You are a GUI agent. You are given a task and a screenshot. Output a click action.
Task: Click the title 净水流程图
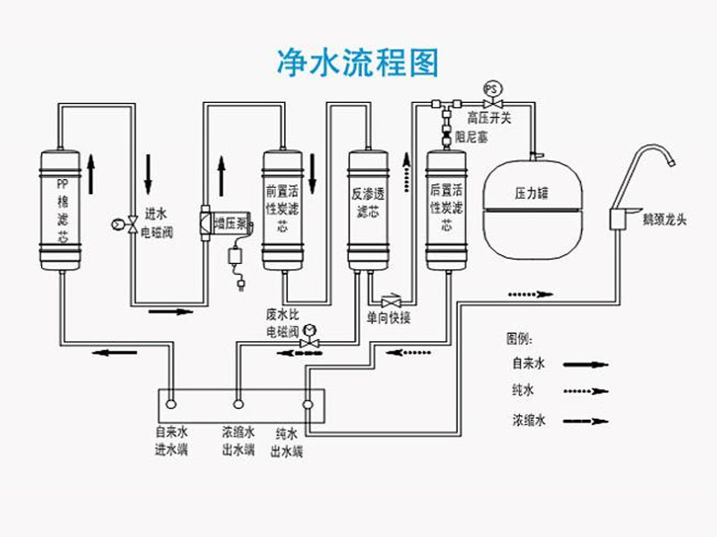358,64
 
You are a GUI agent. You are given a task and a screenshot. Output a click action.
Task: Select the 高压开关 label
489,117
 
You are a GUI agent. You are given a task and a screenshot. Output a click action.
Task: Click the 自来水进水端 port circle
171,405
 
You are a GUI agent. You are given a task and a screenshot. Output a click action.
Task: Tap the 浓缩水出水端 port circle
238,405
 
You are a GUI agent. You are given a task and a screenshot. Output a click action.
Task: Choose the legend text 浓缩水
529,419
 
